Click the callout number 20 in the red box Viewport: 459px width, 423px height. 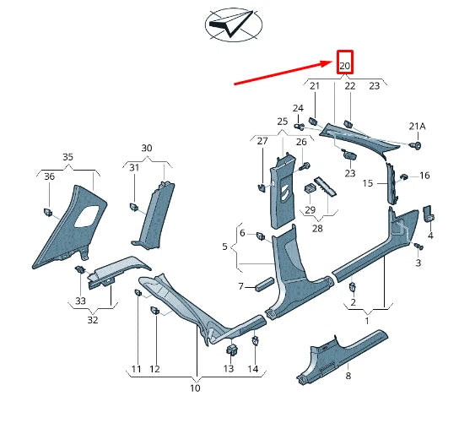tap(344, 65)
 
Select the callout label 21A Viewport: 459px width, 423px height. tap(417, 127)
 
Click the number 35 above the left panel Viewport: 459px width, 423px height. tap(67, 157)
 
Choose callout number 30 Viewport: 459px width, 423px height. tap(147, 148)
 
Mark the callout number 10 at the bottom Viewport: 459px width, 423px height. tap(195, 388)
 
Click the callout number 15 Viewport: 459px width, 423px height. tap(368, 183)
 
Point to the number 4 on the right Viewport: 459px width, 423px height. tap(430, 236)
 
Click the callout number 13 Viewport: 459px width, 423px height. tap(228, 370)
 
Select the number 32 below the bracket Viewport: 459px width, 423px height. tap(93, 320)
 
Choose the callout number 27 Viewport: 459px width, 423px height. tap(262, 141)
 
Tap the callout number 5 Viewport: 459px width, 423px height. tap(224, 247)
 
